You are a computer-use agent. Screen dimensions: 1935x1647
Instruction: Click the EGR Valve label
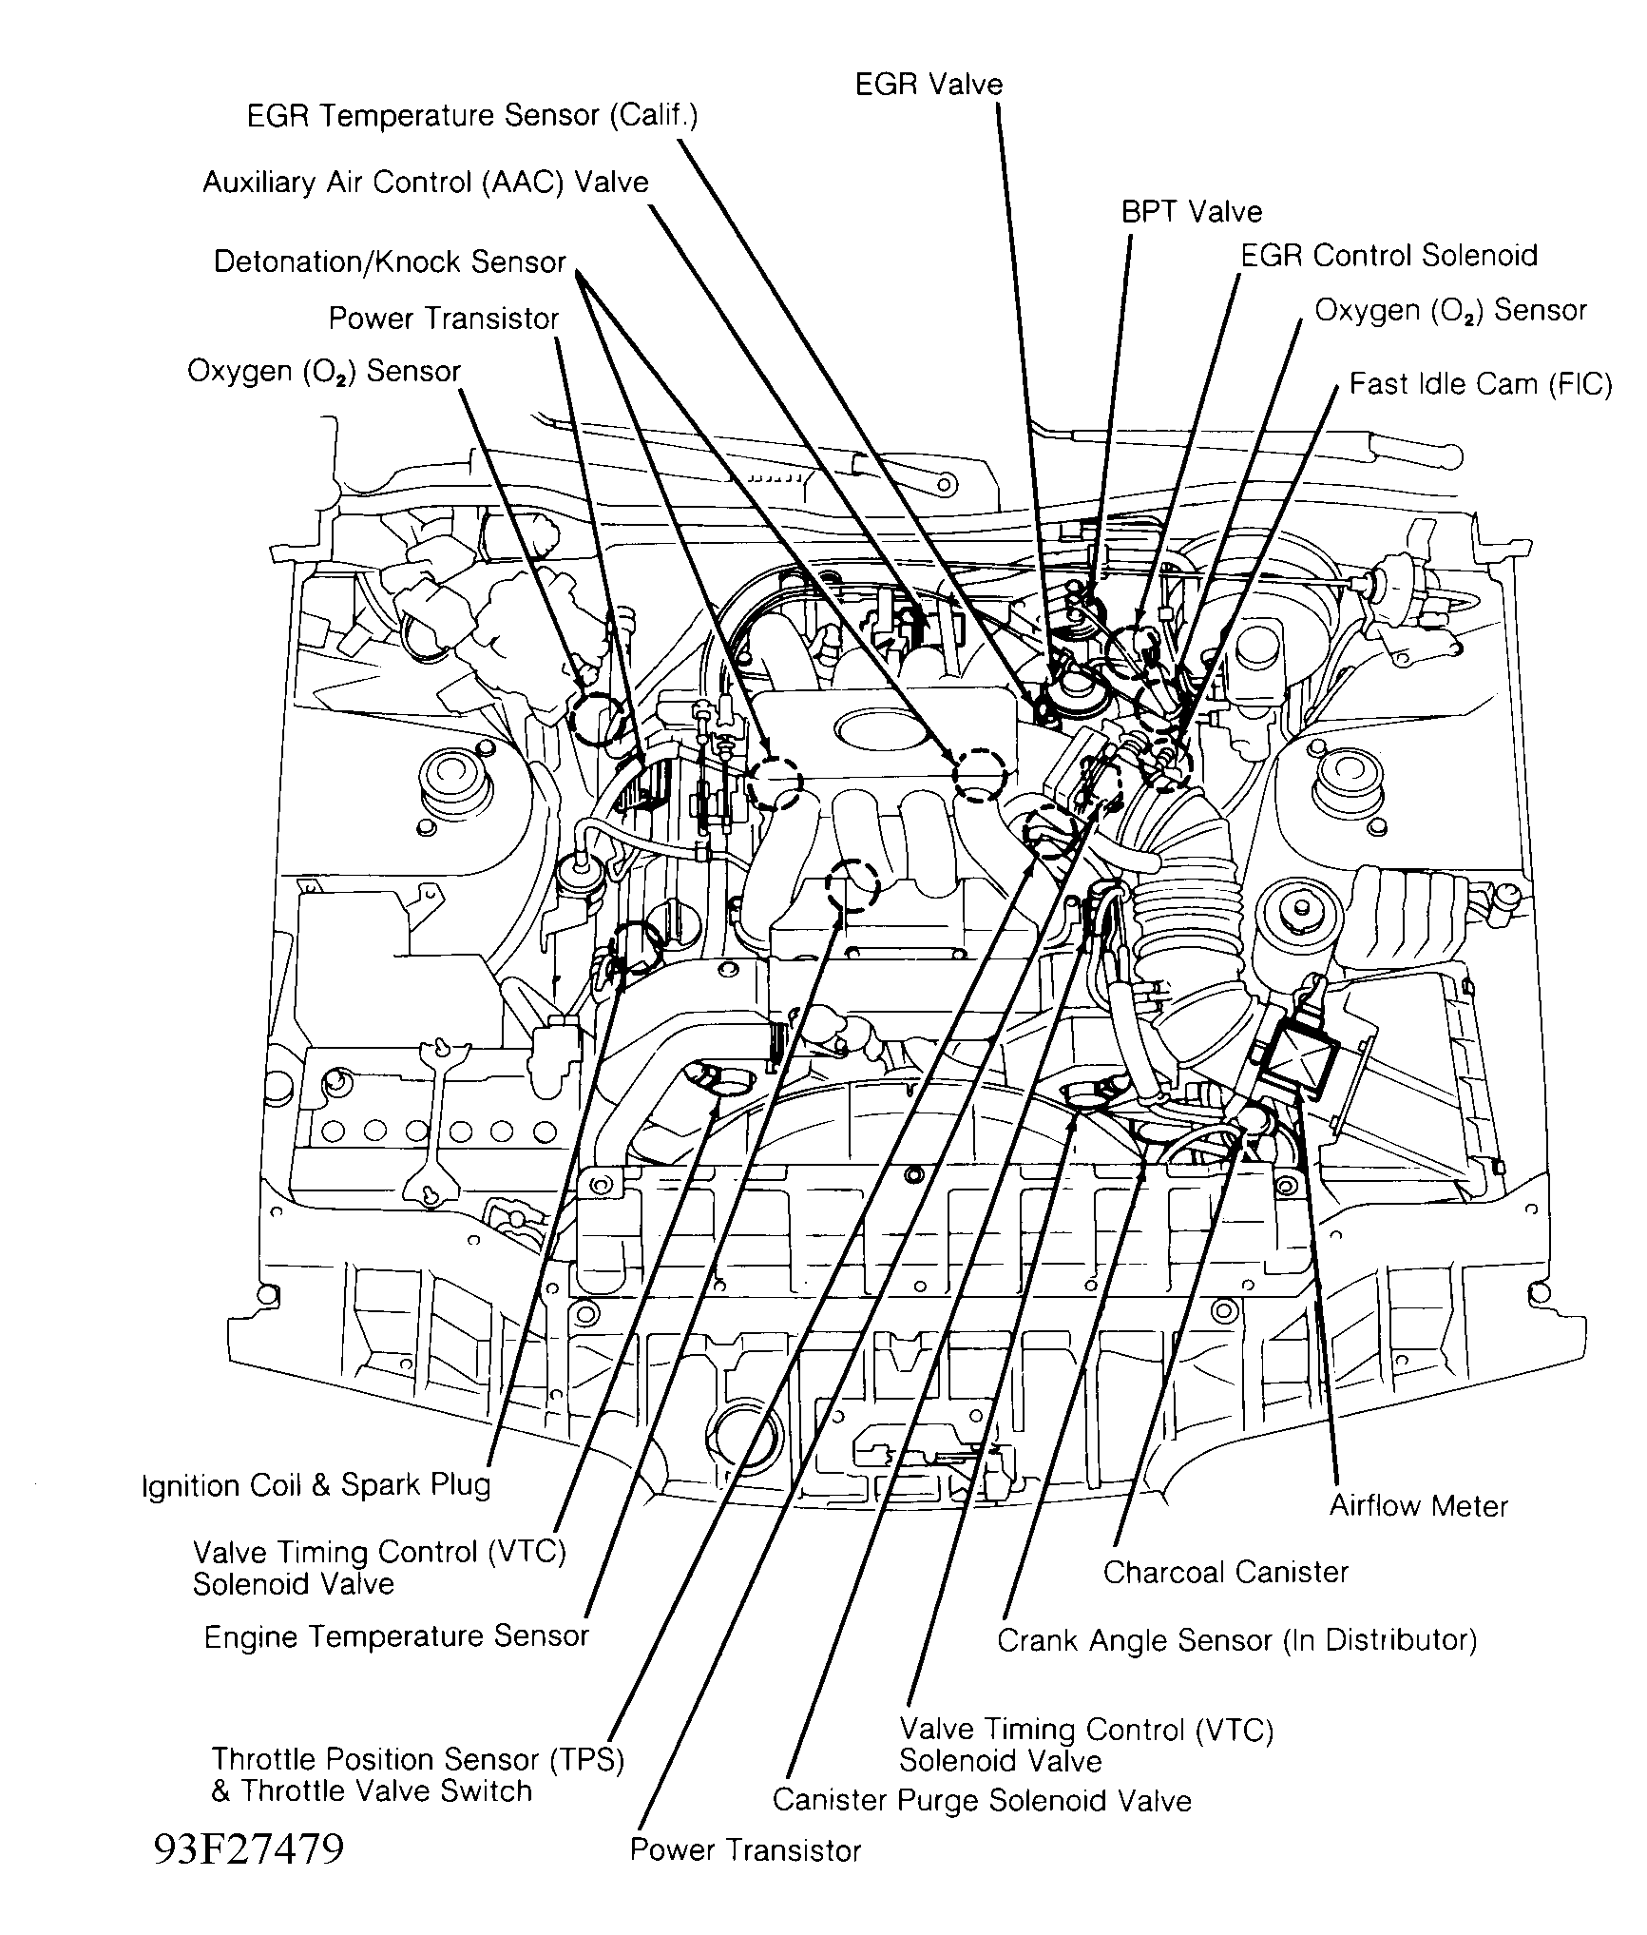click(929, 85)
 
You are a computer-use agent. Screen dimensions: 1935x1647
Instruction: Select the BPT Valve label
click(1191, 211)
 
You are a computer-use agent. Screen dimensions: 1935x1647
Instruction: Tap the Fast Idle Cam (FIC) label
click(1480, 384)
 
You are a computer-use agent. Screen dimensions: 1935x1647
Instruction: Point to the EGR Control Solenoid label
click(1388, 256)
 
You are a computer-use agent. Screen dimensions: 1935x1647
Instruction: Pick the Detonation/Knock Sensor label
click(390, 261)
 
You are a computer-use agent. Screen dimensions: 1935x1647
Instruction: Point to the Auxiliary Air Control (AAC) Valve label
click(425, 182)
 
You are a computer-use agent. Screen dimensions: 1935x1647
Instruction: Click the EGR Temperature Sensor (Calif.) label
click(472, 116)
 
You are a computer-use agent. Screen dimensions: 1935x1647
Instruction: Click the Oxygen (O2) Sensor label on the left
click(324, 371)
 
